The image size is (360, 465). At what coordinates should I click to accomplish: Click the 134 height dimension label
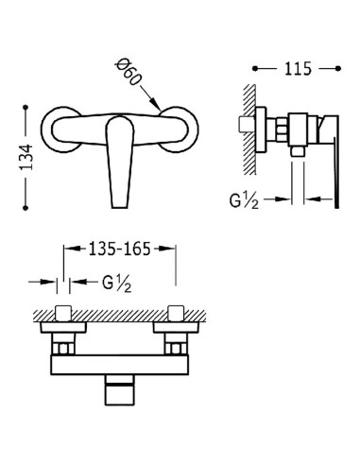(26, 157)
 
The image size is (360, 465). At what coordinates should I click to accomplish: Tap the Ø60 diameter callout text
(128, 73)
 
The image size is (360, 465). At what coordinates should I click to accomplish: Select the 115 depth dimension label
(298, 69)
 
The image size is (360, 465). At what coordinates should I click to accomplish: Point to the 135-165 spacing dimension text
(119, 249)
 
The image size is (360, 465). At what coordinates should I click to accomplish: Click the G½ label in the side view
(244, 200)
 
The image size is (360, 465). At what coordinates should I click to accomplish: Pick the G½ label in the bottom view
(117, 284)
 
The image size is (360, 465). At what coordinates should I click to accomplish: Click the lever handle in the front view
(119, 162)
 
